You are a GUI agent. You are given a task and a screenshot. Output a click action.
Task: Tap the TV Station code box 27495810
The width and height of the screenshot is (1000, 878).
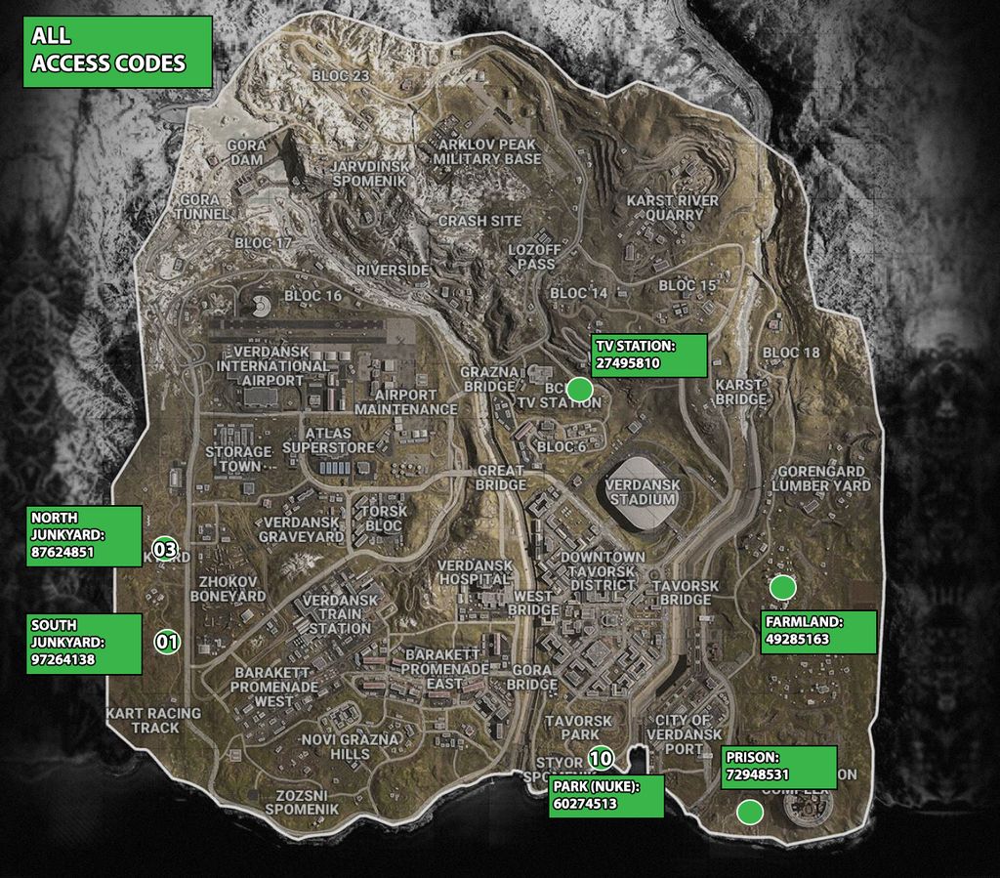(648, 355)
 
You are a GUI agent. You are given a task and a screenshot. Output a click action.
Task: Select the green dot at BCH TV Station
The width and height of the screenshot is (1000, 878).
(580, 390)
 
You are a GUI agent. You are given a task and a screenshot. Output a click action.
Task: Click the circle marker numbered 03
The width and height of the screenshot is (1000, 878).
(165, 550)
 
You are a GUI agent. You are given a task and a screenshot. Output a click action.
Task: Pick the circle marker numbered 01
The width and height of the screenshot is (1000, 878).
(167, 642)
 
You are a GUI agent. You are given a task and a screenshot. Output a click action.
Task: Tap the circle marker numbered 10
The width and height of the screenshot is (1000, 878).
(601, 757)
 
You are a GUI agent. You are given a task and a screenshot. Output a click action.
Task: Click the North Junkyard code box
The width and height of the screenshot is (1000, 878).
(84, 535)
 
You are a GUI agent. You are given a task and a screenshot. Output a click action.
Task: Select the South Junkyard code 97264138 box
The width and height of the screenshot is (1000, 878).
(84, 643)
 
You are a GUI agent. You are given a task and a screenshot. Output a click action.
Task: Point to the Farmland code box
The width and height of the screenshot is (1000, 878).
(816, 632)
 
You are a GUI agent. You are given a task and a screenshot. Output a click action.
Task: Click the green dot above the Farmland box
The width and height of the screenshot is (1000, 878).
(781, 587)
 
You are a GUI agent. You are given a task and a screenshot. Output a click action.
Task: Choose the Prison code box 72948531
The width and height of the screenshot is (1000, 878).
(778, 767)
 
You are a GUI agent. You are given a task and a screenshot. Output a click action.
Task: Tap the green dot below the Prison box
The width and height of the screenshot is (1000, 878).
(749, 812)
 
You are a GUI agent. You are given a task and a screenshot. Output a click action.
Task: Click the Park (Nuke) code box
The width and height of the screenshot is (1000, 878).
(605, 796)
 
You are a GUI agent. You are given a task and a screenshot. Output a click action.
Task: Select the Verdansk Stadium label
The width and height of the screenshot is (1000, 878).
(641, 491)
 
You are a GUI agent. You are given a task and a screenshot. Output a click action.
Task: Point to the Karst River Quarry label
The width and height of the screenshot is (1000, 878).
(672, 207)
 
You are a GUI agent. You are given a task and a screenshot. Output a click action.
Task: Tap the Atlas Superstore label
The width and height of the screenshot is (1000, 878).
(328, 440)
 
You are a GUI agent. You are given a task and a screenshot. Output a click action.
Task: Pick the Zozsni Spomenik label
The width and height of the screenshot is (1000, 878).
(301, 802)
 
